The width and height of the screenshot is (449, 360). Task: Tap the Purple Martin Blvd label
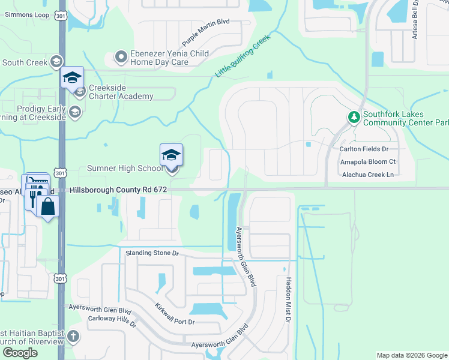tap(206, 32)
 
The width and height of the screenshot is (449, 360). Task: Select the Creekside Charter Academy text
tap(121, 92)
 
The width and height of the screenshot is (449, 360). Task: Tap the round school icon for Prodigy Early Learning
tap(75, 112)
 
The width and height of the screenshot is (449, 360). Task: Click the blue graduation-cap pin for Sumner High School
tap(172, 156)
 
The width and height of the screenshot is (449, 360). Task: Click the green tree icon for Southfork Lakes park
tap(354, 118)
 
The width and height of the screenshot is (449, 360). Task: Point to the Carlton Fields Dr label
tap(364, 149)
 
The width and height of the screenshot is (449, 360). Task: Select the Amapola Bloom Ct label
tap(367, 162)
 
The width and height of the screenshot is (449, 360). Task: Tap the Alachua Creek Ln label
tap(367, 175)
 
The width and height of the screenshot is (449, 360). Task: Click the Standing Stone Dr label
tap(152, 253)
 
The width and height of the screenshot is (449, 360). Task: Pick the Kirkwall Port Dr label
tap(175, 314)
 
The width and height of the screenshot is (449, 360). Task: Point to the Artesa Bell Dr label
tap(415, 21)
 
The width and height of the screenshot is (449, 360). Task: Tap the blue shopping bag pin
tap(47, 208)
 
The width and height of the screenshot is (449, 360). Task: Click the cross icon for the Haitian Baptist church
tap(73, 337)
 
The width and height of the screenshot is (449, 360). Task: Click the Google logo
tap(20, 353)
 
